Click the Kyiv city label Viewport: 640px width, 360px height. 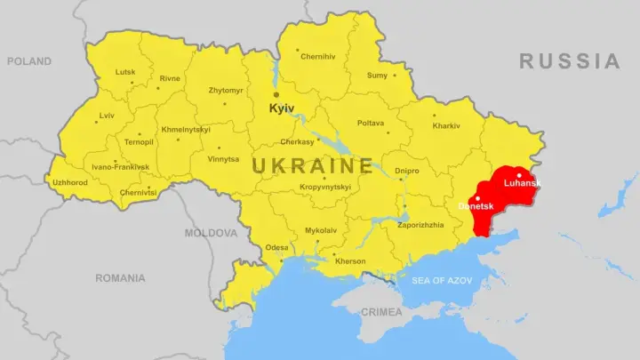(282, 108)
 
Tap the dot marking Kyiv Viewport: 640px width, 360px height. (276, 94)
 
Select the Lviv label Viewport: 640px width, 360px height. (107, 116)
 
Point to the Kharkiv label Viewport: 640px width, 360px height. (446, 125)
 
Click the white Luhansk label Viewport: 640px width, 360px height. (522, 183)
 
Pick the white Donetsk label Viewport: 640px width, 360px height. (476, 206)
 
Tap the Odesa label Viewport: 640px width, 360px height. (276, 247)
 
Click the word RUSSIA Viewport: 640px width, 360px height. (570, 61)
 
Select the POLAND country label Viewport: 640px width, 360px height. (30, 61)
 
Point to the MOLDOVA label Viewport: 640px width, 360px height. (211, 233)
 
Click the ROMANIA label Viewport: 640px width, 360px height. (120, 278)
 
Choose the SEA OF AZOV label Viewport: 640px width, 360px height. (441, 281)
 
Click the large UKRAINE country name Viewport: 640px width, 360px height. (312, 165)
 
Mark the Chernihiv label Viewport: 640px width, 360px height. (318, 57)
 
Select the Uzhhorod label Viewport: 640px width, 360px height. (70, 182)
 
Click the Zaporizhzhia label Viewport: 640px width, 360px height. (420, 225)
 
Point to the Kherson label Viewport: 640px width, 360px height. (349, 260)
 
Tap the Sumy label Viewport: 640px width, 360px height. (377, 76)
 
